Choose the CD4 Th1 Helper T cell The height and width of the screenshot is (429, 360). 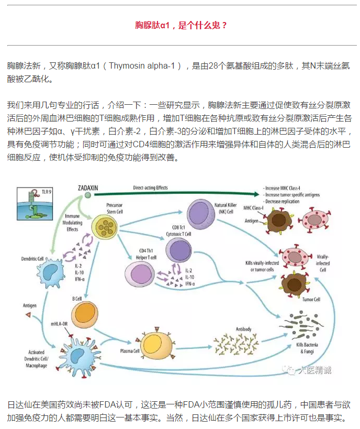(x=139, y=273)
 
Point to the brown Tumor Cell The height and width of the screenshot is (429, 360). (x=292, y=284)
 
